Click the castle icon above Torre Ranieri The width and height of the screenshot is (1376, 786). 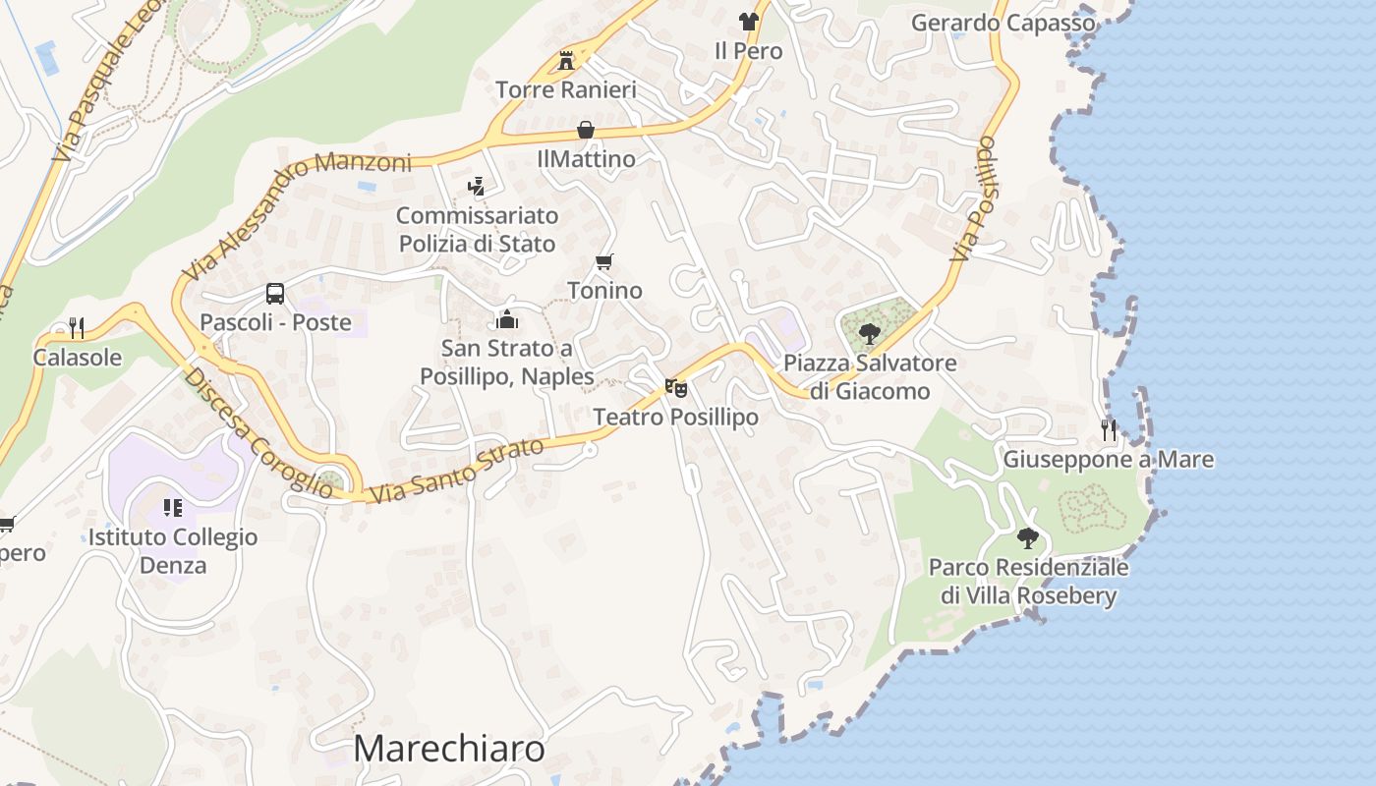pyautogui.click(x=566, y=61)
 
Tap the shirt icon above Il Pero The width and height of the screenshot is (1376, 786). pyautogui.click(x=749, y=22)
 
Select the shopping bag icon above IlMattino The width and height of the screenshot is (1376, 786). pyautogui.click(x=586, y=130)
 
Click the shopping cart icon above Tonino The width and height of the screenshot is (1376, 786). pyautogui.click(x=604, y=261)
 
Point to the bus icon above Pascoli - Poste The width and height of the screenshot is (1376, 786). pyautogui.click(x=275, y=293)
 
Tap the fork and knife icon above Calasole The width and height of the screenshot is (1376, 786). pyautogui.click(x=77, y=327)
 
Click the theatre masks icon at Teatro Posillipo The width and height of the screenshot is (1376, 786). pyautogui.click(x=675, y=388)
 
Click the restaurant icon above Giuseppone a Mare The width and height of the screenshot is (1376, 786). pyautogui.click(x=1109, y=429)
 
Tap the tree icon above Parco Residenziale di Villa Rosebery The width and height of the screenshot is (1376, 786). pyautogui.click(x=1028, y=538)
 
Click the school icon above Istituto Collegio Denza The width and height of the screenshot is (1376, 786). pyautogui.click(x=172, y=508)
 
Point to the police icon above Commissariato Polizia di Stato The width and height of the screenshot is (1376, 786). pyautogui.click(x=477, y=186)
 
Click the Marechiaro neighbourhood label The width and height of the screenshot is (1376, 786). pyautogui.click(x=449, y=749)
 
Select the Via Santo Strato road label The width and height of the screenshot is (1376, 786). pyautogui.click(x=458, y=471)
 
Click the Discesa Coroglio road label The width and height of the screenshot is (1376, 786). pyautogui.click(x=259, y=432)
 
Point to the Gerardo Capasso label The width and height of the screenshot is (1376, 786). pyautogui.click(x=1003, y=23)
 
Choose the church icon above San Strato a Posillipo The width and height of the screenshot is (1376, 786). pyautogui.click(x=507, y=318)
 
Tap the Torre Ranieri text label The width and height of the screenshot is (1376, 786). pyautogui.click(x=566, y=90)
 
